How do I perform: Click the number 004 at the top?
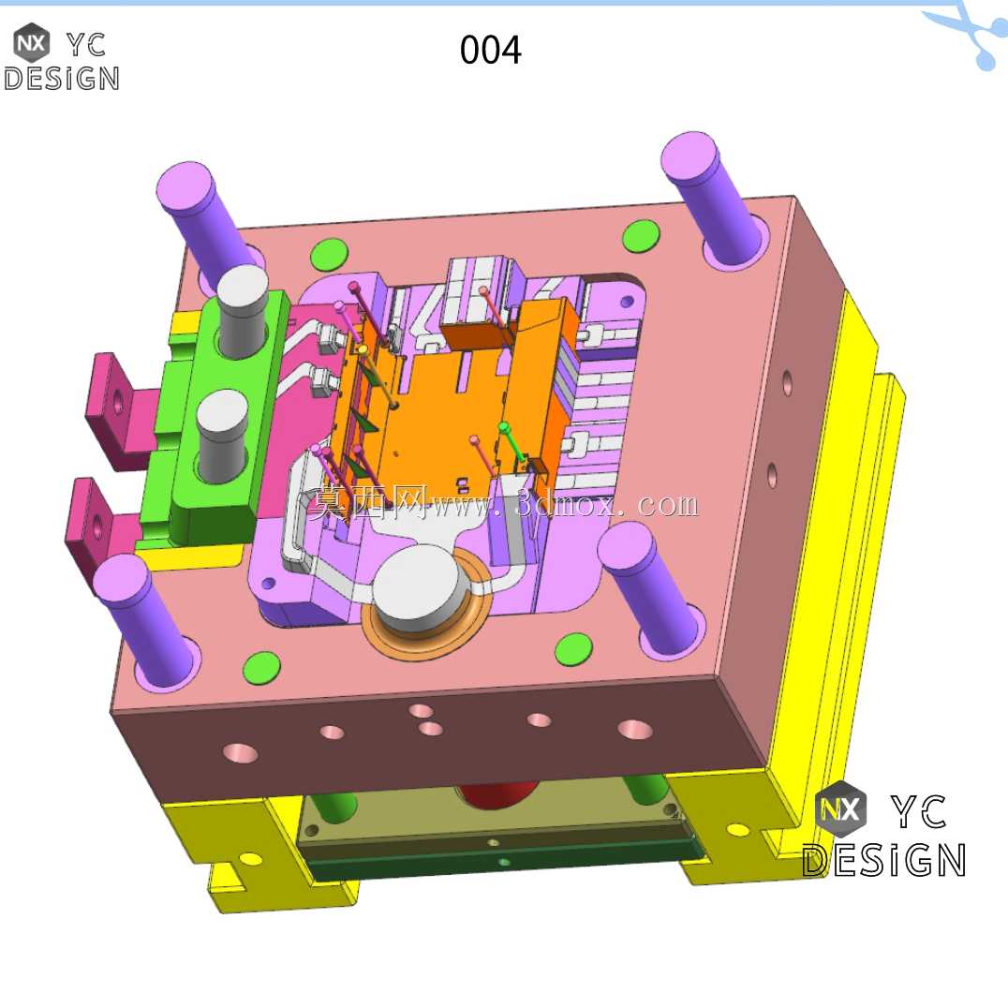(491, 51)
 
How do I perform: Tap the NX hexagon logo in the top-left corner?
(31, 42)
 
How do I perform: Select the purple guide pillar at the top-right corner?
(714, 196)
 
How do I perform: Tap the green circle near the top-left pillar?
(329, 255)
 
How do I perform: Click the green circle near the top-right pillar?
(641, 236)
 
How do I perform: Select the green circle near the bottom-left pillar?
(261, 667)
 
